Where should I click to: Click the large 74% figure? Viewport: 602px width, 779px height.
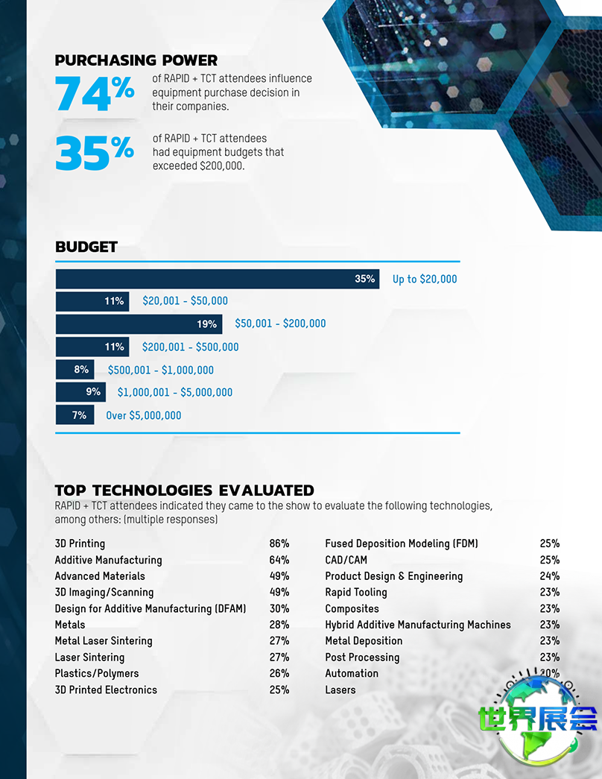95,93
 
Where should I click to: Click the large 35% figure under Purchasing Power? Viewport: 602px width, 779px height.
95,154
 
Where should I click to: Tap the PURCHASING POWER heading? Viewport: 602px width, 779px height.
136,60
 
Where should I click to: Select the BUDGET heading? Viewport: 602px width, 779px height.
86,247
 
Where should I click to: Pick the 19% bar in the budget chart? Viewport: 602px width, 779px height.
139,324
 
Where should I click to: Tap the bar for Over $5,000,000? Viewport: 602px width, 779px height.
75,415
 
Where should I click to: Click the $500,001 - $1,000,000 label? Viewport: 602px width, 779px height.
161,370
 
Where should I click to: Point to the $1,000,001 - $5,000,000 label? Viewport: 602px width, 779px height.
175,392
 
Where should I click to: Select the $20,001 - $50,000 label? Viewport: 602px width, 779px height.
186,301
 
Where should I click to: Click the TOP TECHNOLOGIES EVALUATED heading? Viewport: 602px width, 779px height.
185,491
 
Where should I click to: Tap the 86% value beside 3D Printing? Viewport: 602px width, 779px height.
279,544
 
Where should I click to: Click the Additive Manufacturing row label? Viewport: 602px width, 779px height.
108,561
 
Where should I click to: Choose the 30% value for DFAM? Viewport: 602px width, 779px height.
279,609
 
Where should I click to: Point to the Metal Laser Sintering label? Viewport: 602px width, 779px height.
104,641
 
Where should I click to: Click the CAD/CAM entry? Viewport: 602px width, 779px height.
346,561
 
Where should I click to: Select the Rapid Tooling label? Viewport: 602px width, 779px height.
356,593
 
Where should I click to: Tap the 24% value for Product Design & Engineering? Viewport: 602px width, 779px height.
550,576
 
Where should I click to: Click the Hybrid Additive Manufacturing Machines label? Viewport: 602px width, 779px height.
418,625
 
